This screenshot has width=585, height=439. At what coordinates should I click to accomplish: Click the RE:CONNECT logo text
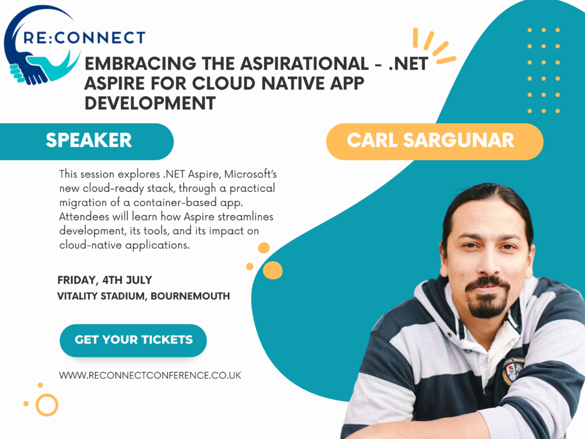tap(85, 38)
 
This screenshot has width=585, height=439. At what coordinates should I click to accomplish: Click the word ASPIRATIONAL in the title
tap(304, 63)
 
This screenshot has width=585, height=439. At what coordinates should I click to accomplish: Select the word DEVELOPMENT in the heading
tap(150, 103)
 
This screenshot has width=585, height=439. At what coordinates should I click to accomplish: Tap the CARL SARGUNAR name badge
tap(434, 141)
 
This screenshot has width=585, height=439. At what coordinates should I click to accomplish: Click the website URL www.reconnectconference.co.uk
tap(150, 375)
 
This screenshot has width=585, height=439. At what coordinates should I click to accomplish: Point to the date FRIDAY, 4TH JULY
tap(105, 280)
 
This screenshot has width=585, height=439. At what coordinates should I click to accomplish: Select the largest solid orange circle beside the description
tap(273, 270)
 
